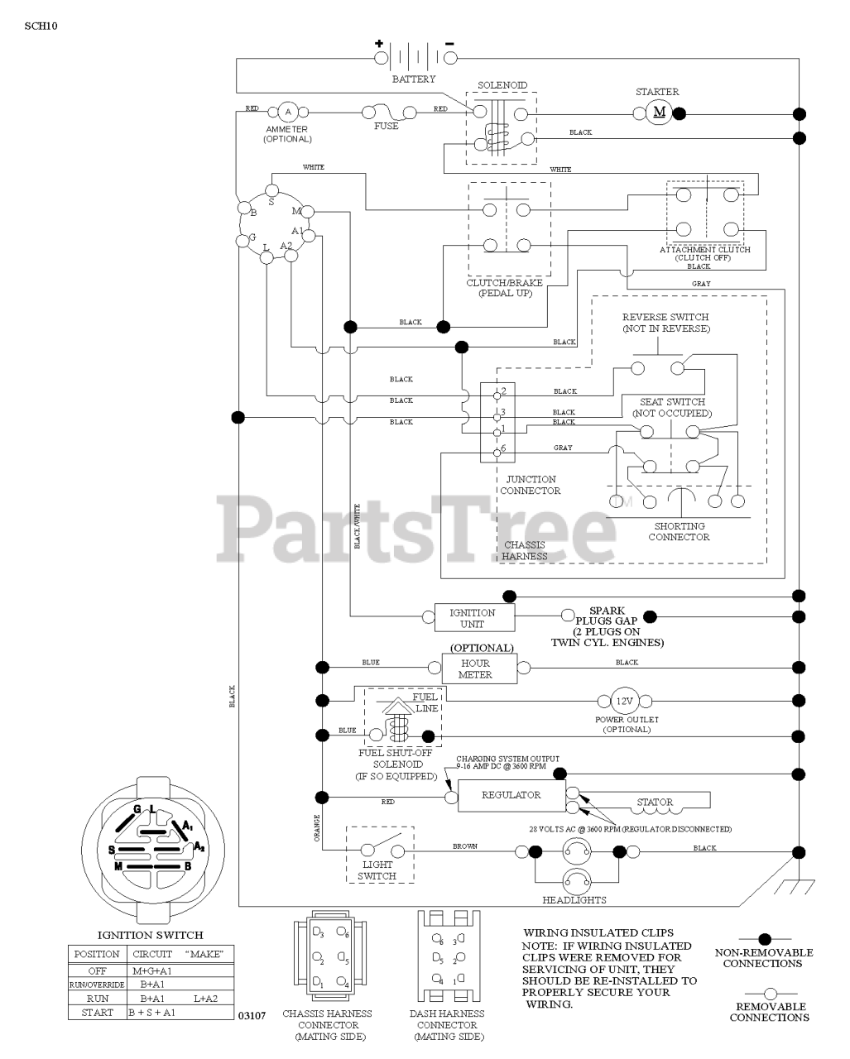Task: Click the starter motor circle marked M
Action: click(x=660, y=113)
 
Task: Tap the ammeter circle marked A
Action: click(x=288, y=112)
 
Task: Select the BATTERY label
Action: click(x=413, y=79)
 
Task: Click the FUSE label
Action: click(x=386, y=127)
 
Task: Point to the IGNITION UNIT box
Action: click(x=473, y=618)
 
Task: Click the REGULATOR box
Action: click(x=511, y=795)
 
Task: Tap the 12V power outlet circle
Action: click(x=623, y=702)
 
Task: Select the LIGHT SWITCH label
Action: click(x=377, y=870)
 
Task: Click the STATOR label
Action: click(x=655, y=802)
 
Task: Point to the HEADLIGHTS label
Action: click(x=574, y=900)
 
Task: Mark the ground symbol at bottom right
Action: click(x=796, y=886)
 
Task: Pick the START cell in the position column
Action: click(x=97, y=1012)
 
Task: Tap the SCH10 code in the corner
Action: click(x=41, y=25)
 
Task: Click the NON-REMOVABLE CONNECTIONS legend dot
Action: click(x=765, y=939)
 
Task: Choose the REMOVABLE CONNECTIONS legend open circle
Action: click(x=769, y=993)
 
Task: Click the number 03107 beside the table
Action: click(x=252, y=1014)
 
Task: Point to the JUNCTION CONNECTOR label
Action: click(x=530, y=485)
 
